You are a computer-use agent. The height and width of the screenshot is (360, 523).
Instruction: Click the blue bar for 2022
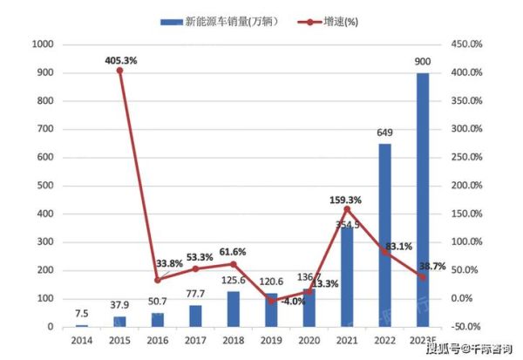pyautogui.click(x=384, y=235)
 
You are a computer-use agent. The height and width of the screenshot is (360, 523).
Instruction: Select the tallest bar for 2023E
pyautogui.click(x=423, y=200)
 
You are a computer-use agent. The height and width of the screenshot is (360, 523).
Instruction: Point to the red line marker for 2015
pyautogui.click(x=119, y=71)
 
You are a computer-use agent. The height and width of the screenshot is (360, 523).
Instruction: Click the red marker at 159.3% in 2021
pyautogui.click(x=347, y=209)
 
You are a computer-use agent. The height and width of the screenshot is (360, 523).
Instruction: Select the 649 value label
pyautogui.click(x=384, y=134)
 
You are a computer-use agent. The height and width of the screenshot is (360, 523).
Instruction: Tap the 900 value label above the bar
pyautogui.click(x=423, y=62)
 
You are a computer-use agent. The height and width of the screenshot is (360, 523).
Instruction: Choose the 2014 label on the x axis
pyautogui.click(x=81, y=340)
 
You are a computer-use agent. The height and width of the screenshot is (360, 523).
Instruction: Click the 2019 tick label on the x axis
pyautogui.click(x=271, y=340)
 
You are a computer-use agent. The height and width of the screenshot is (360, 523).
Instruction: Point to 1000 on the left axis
pyautogui.click(x=42, y=44)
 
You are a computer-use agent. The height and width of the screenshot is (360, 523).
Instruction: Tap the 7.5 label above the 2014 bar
pyautogui.click(x=81, y=314)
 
